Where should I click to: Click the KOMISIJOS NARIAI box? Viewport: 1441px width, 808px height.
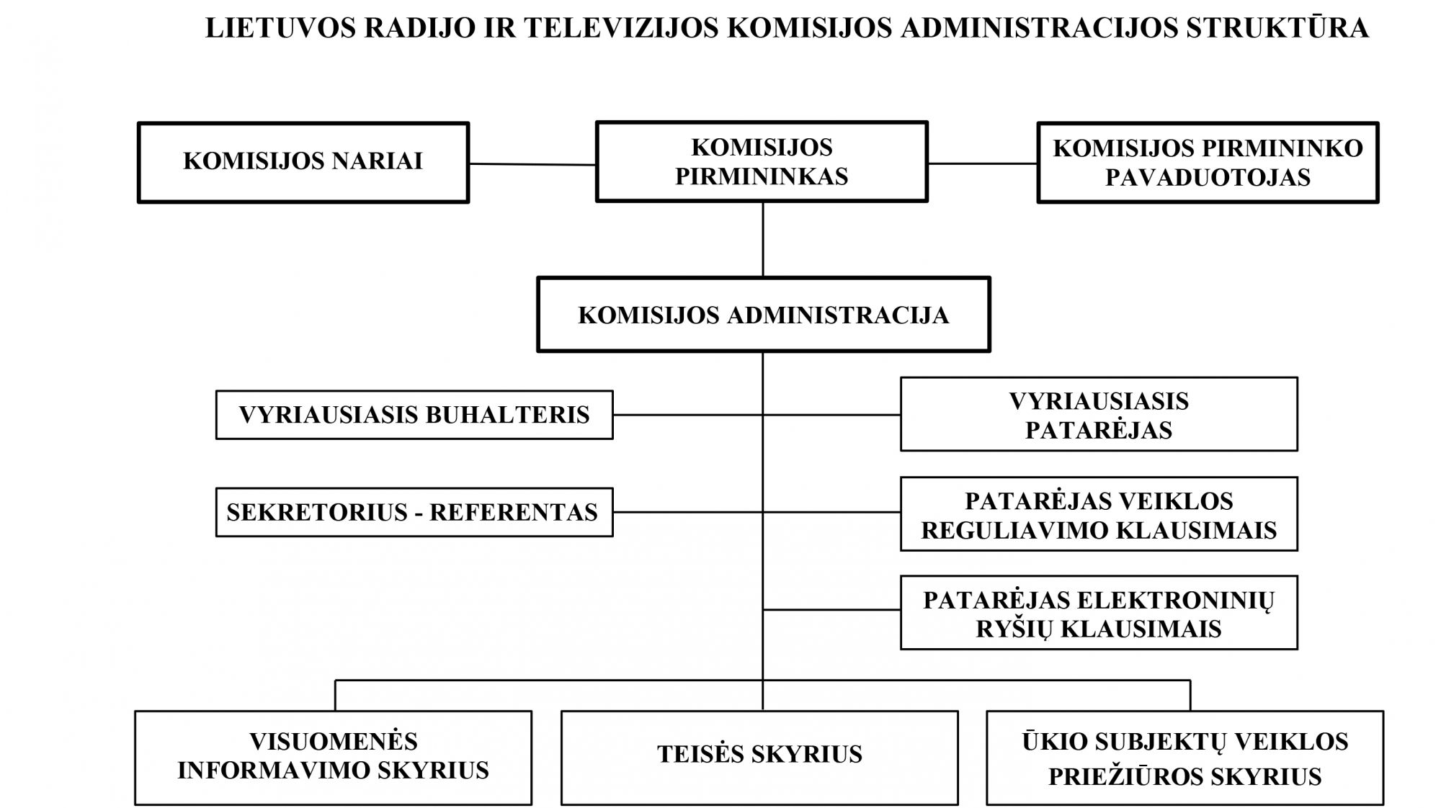click(x=303, y=162)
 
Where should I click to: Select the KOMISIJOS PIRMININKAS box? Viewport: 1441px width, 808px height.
click(x=762, y=161)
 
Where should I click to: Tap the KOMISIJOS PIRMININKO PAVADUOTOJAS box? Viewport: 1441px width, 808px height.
click(x=1208, y=162)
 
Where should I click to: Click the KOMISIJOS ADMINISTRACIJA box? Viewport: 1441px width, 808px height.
click(x=764, y=315)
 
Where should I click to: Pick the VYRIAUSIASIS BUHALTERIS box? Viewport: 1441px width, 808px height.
click(x=414, y=415)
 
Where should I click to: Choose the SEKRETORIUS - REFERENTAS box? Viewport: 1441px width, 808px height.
click(x=414, y=512)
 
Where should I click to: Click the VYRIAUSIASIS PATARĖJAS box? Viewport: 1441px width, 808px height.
click(x=1099, y=414)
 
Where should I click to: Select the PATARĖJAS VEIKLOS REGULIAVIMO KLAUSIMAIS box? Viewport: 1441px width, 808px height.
click(x=1099, y=513)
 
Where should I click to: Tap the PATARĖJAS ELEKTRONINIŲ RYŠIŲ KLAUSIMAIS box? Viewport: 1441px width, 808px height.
click(x=1099, y=612)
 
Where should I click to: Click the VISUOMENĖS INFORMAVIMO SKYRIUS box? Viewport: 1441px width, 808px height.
click(x=333, y=758)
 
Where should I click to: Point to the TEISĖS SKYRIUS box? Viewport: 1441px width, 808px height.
click(x=759, y=758)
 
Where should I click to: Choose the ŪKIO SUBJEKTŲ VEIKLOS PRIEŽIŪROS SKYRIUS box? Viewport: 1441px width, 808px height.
click(x=1185, y=758)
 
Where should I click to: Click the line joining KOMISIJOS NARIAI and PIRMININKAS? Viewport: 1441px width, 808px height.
click(x=532, y=164)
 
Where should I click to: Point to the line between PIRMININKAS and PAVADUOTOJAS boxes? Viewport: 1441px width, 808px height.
click(x=983, y=163)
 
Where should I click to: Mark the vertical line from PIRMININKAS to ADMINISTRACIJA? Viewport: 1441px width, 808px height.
click(x=763, y=239)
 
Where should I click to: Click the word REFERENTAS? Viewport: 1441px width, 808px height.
click(x=514, y=512)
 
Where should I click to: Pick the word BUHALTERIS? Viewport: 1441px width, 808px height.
click(x=508, y=415)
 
